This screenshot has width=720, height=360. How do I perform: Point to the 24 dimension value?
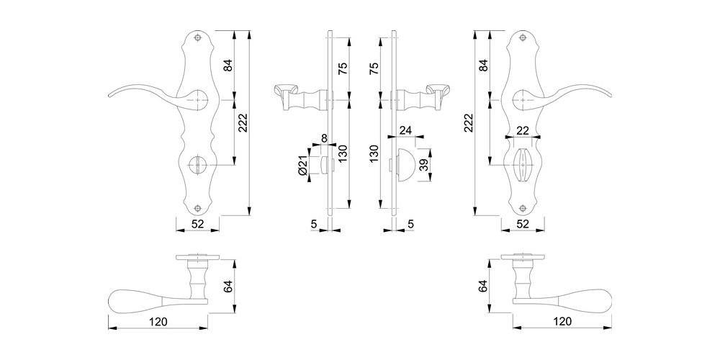click(x=405, y=132)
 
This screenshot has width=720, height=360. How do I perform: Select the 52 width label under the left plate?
click(x=198, y=224)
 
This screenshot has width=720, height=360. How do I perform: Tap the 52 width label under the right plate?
click(x=523, y=224)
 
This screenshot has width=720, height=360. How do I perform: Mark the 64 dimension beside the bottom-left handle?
click(x=228, y=285)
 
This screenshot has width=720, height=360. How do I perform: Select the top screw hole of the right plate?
click(x=523, y=37)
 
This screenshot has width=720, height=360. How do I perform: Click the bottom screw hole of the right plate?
click(x=523, y=208)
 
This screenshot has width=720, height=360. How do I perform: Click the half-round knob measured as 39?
click(x=404, y=165)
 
